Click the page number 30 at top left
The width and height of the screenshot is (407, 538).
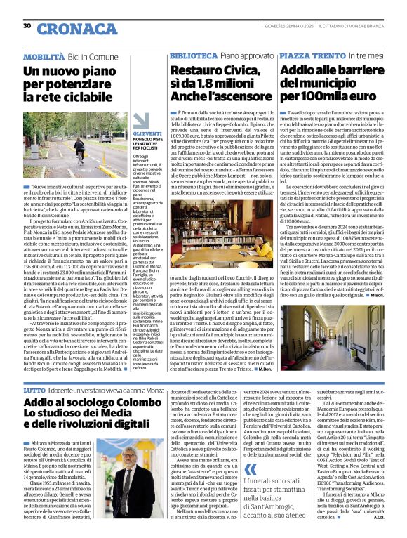pyautogui.click(x=27, y=25)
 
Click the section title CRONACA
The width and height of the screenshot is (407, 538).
pyautogui.click(x=67, y=29)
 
